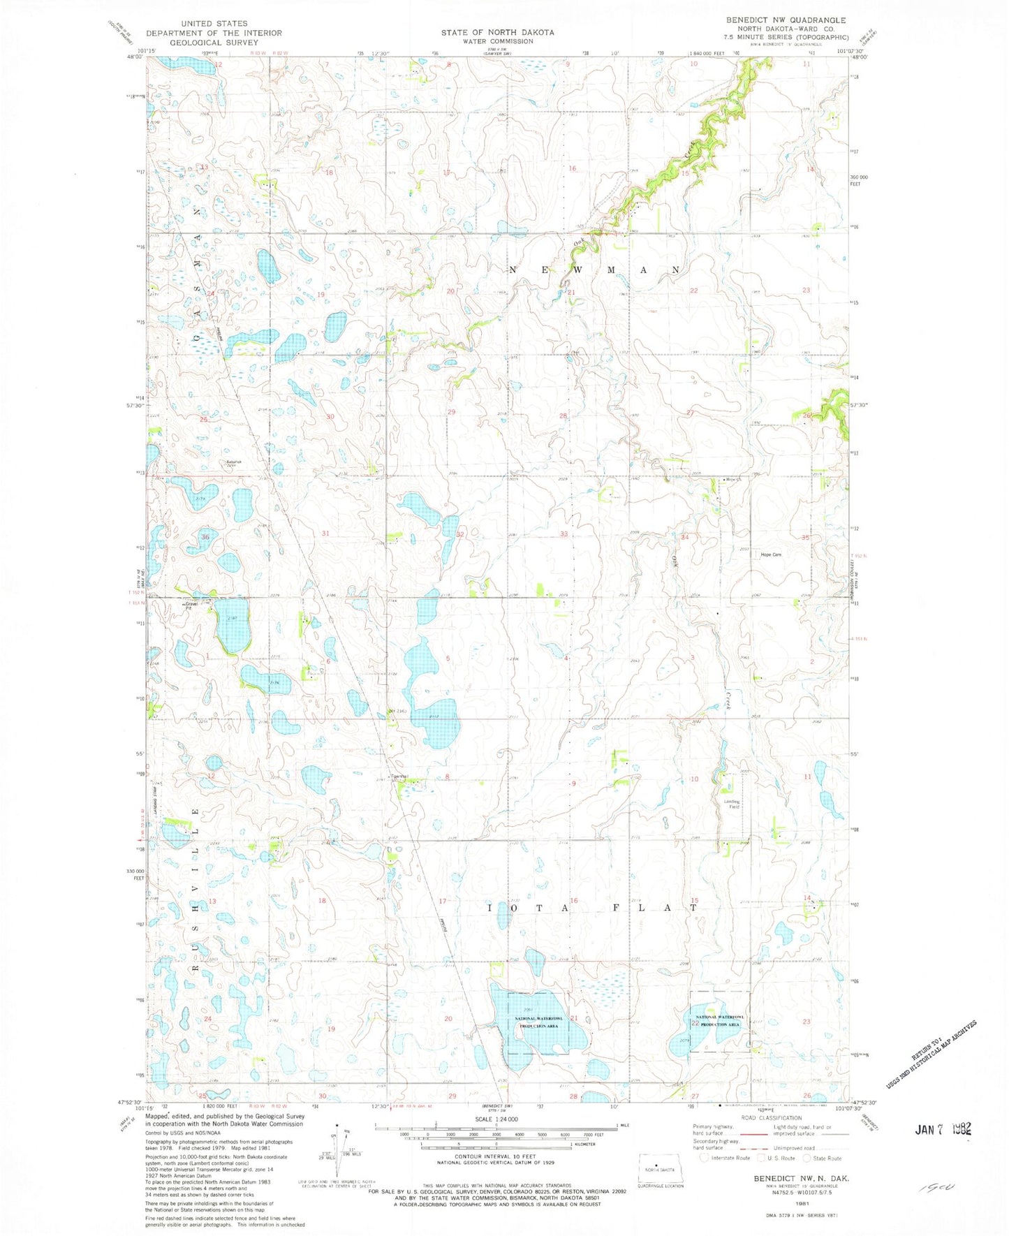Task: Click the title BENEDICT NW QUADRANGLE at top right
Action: point(786,20)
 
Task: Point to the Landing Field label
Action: point(731,804)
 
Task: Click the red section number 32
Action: point(459,534)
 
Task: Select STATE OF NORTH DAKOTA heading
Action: point(497,32)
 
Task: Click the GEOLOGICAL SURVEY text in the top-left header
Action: point(214,42)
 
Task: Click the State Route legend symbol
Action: point(807,1158)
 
